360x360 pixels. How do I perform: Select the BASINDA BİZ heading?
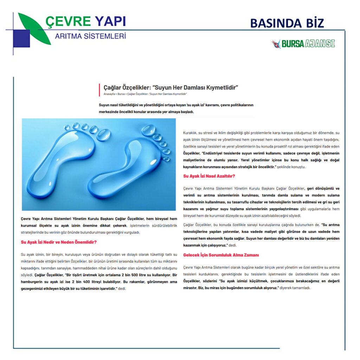click(x=287, y=23)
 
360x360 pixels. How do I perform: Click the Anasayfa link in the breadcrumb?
click(x=109, y=94)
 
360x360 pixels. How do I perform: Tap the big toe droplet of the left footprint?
click(x=103, y=135)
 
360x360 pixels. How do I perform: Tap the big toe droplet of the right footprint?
click(x=148, y=130)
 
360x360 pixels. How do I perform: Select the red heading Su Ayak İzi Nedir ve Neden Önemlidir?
click(x=59, y=242)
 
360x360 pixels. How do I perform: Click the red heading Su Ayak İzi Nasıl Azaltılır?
click(x=209, y=176)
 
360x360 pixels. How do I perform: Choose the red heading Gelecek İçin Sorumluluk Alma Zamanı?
click(x=221, y=255)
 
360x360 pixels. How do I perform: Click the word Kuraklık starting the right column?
click(x=190, y=133)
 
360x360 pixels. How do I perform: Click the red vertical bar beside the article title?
click(x=100, y=90)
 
